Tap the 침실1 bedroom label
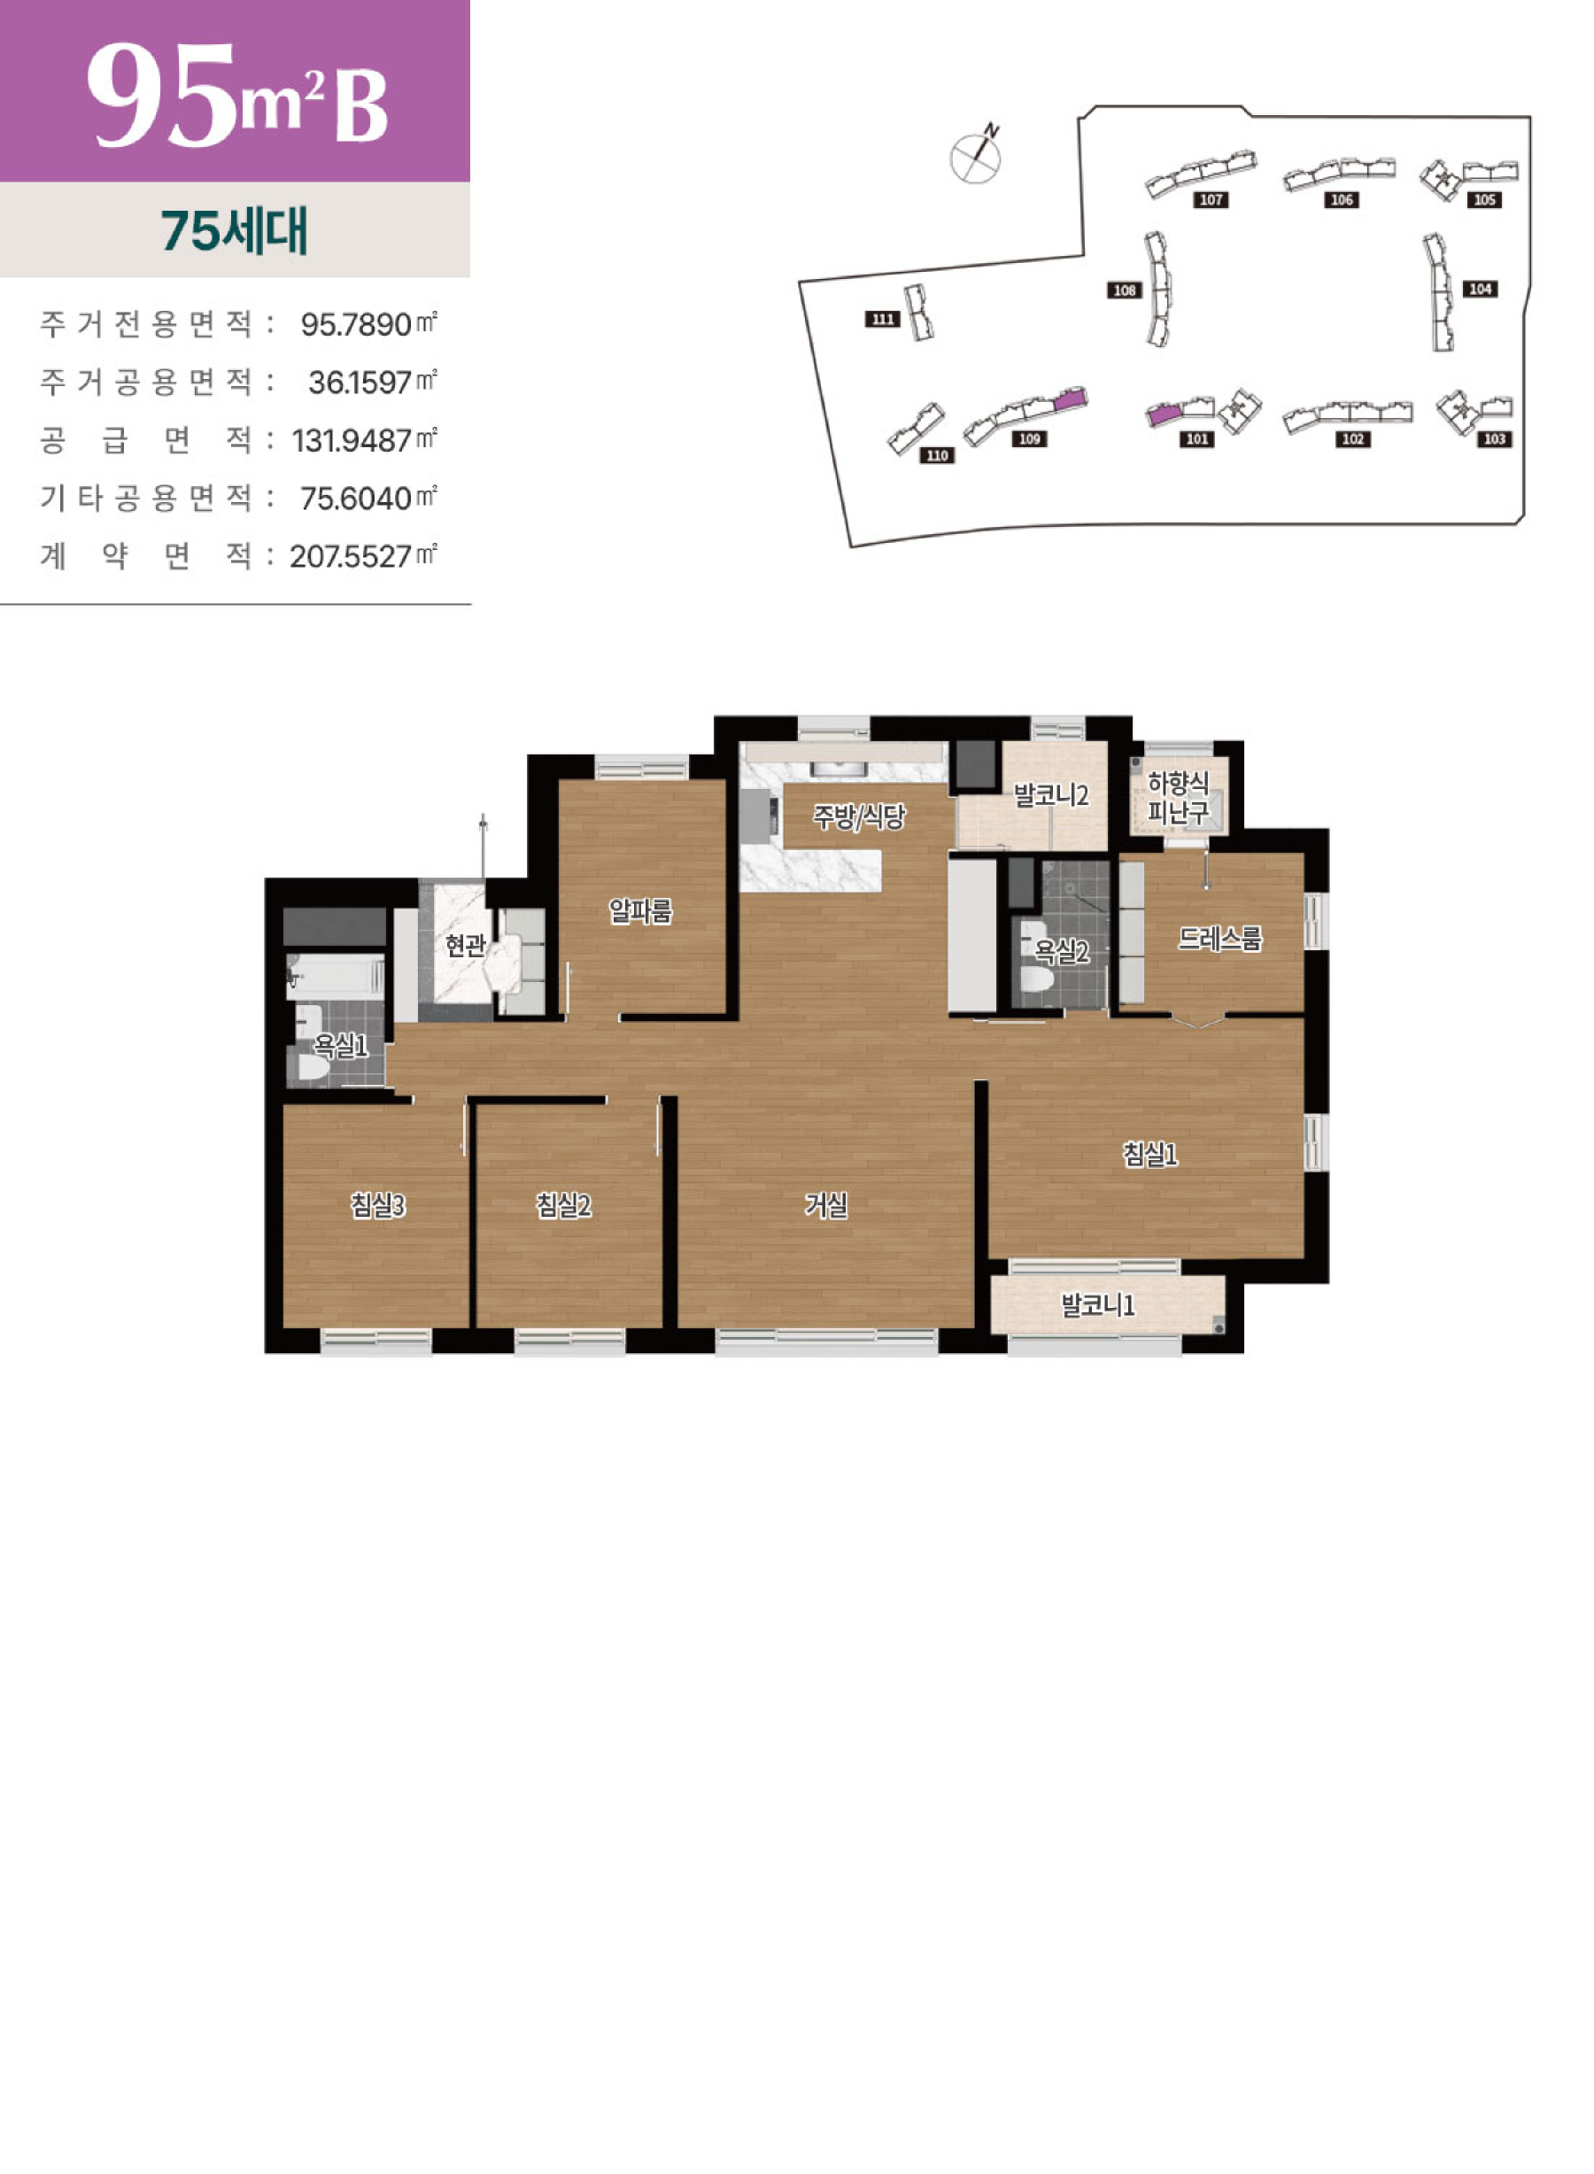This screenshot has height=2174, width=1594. [x=1150, y=1154]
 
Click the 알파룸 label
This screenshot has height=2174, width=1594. [x=639, y=910]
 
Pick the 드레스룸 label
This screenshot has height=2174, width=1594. [x=1219, y=938]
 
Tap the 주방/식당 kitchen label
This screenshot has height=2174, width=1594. [x=859, y=817]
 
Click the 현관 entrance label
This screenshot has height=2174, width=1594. [x=465, y=945]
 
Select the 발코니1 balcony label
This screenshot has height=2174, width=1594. [x=1098, y=1305]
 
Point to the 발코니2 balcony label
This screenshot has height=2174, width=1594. [x=1051, y=795]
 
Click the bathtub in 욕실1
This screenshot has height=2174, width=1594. [x=335, y=977]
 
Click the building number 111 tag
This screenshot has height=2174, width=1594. [x=882, y=320]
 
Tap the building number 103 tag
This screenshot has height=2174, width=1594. [x=1495, y=439]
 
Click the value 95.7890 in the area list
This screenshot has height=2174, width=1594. [x=356, y=324]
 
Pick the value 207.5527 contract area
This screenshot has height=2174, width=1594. [x=352, y=557]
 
